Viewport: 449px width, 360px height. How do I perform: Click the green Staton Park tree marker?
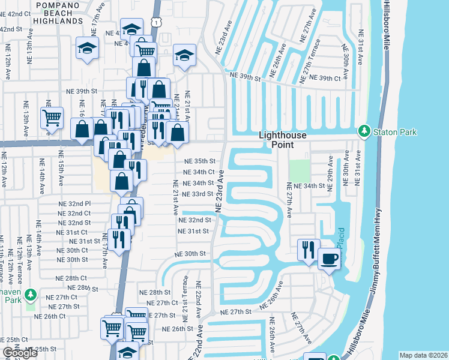363,131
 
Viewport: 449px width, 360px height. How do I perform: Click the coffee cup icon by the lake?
328,259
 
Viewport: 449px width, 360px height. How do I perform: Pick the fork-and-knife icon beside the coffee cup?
309,249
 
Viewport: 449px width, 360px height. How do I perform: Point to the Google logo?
20,353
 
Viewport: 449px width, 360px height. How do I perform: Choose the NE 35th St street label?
199,161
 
